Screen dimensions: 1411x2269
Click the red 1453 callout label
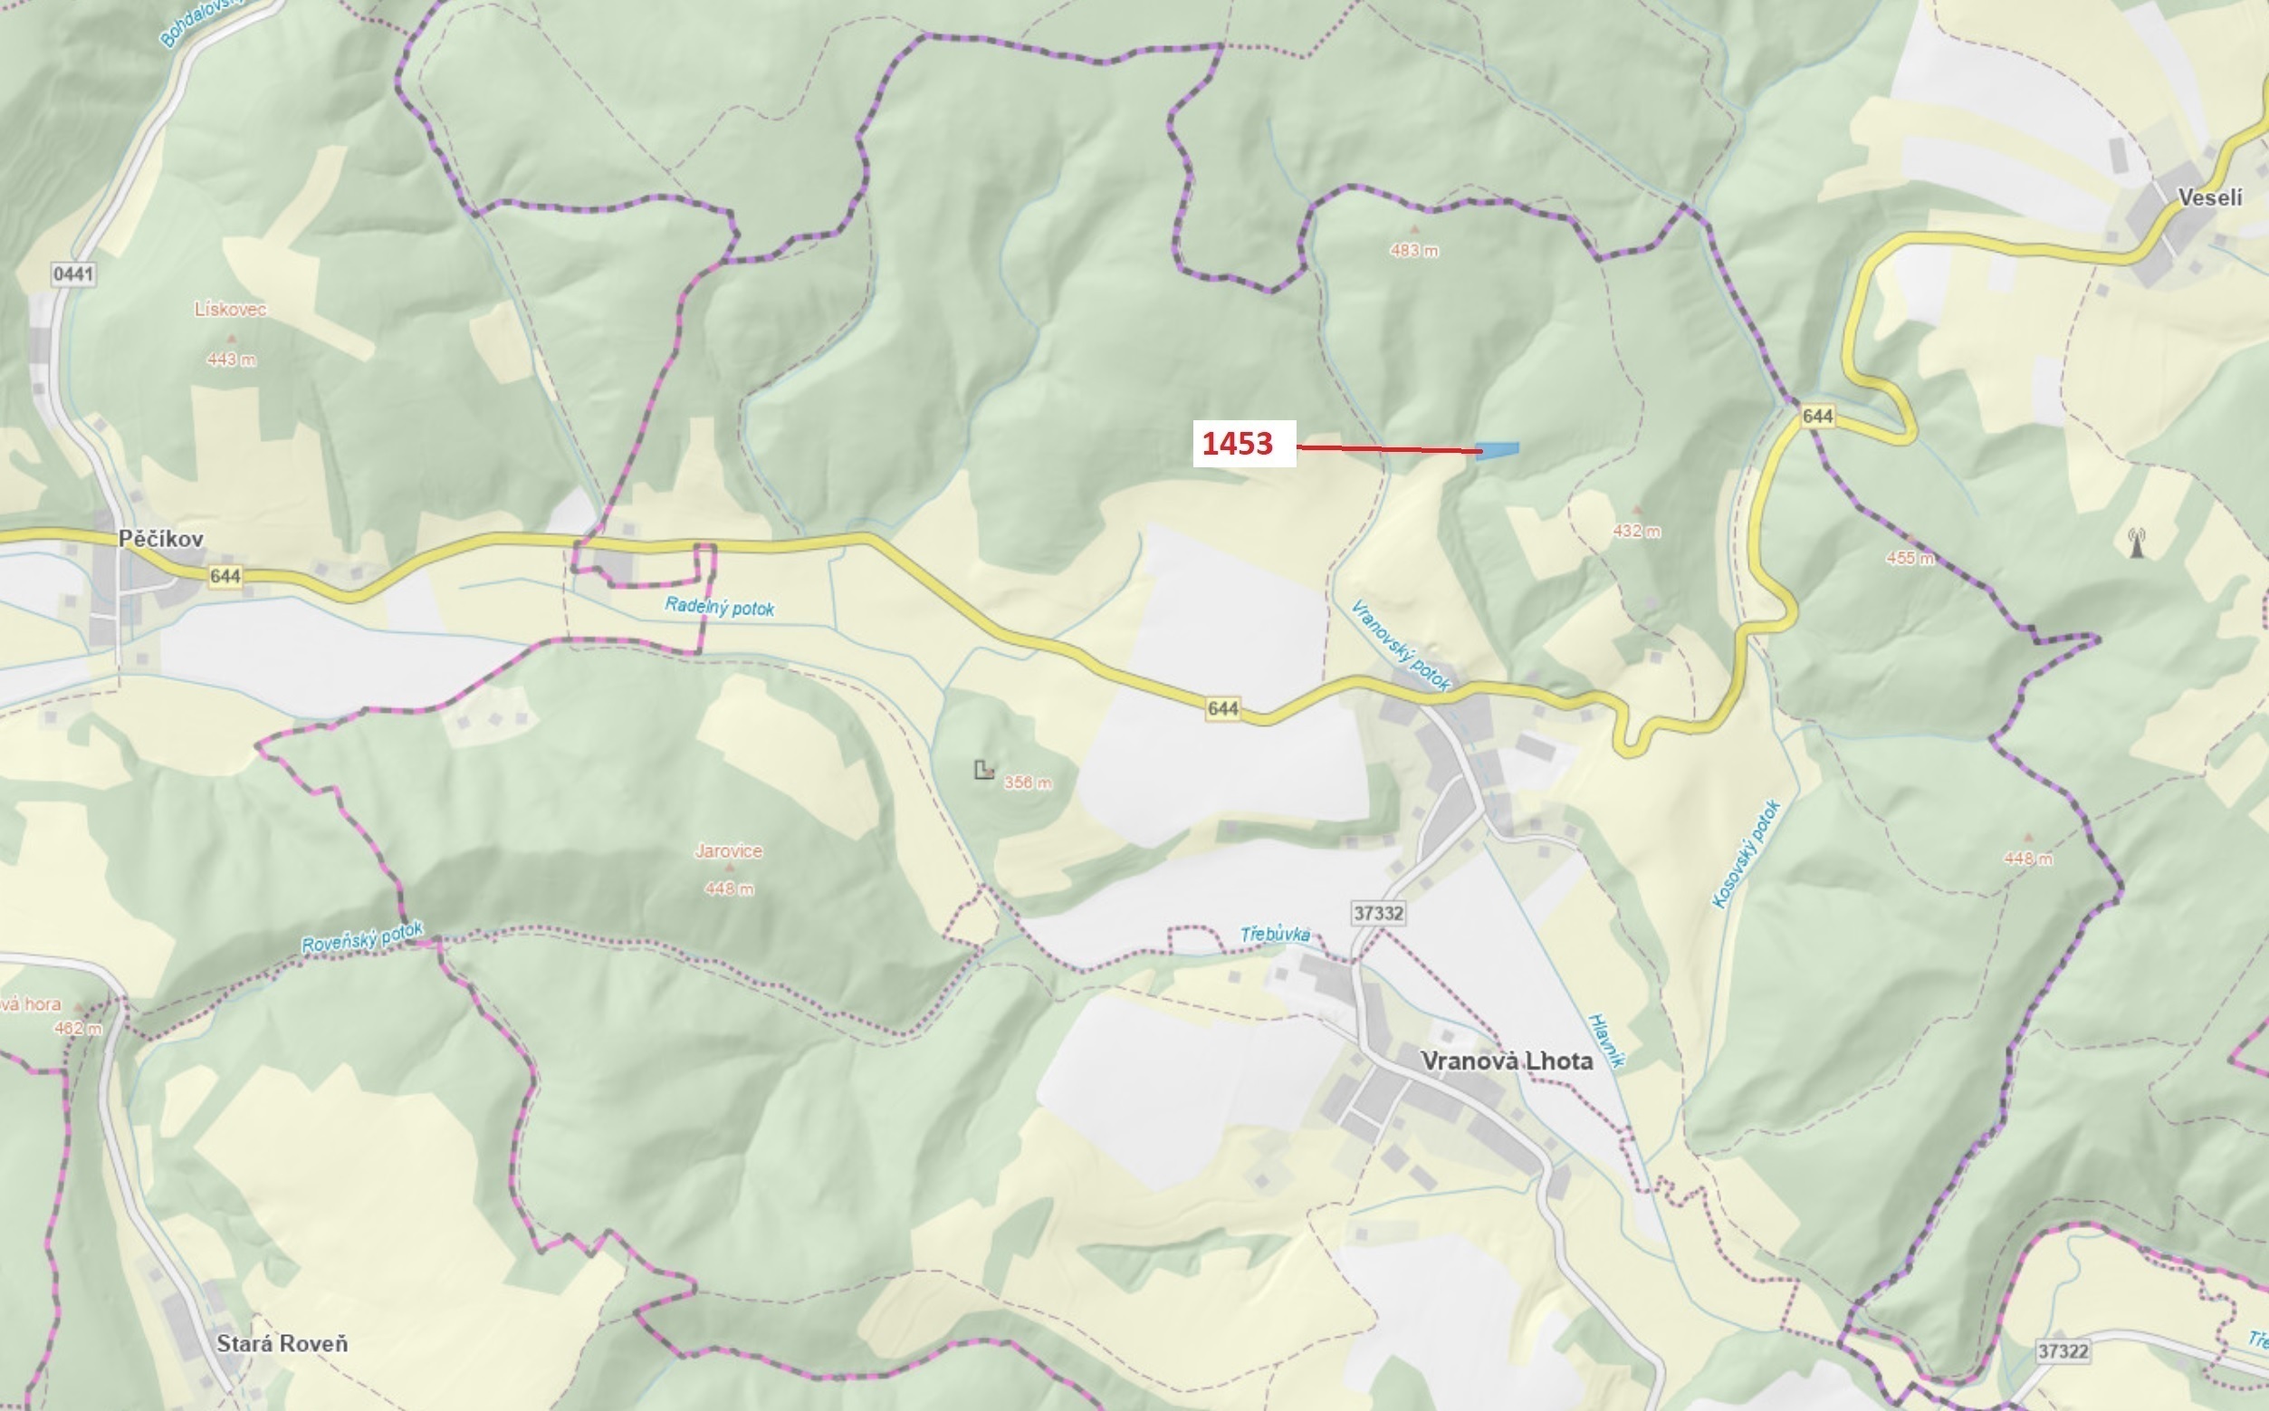click(x=1237, y=443)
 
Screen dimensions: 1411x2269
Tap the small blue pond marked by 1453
click(x=1498, y=451)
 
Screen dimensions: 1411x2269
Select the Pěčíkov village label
click(x=160, y=539)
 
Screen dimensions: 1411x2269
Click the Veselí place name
click(x=2209, y=197)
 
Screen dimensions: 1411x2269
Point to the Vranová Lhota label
click(x=1506, y=1061)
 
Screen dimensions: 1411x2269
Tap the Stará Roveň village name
click(x=282, y=1344)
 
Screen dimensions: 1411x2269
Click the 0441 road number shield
click(x=73, y=274)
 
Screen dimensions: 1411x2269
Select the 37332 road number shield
click(x=1378, y=913)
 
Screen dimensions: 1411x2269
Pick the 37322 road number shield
click(x=2063, y=1351)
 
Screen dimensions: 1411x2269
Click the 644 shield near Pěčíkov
click(x=225, y=576)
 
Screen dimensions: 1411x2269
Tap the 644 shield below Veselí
click(x=1817, y=416)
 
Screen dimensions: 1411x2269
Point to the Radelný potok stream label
click(x=719, y=608)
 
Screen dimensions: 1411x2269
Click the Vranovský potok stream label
click(x=1401, y=646)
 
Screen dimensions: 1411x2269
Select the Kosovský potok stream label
click(x=1747, y=854)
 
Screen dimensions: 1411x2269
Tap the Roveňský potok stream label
click(x=362, y=937)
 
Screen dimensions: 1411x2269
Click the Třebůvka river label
click(x=1275, y=934)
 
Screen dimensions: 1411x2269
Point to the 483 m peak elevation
click(x=1413, y=250)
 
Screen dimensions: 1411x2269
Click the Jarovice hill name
click(x=729, y=851)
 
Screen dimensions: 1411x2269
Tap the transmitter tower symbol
click(x=2137, y=542)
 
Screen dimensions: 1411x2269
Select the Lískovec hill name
click(x=231, y=309)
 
